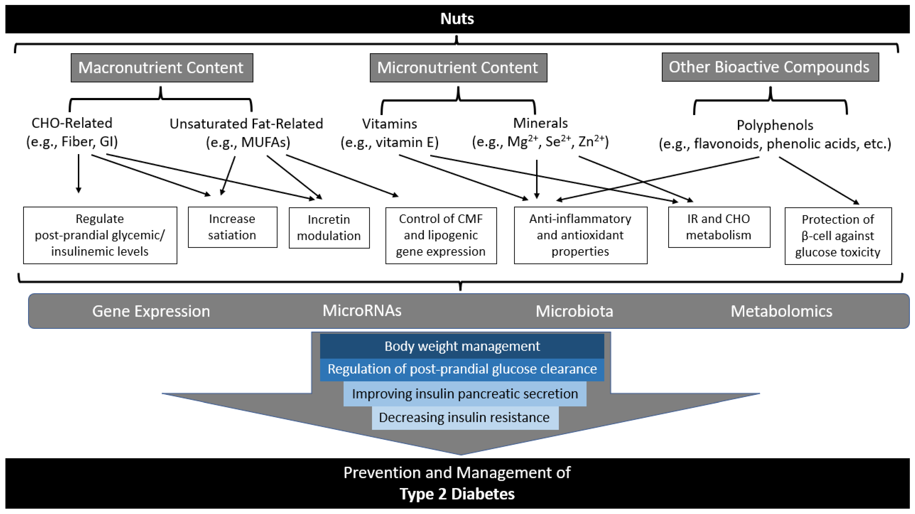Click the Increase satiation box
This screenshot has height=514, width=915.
(x=232, y=227)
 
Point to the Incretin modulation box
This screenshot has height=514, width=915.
(x=329, y=228)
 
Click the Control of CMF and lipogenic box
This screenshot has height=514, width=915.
(x=441, y=235)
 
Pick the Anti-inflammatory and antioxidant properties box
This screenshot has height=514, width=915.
(x=580, y=235)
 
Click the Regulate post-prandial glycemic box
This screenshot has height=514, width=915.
(x=100, y=235)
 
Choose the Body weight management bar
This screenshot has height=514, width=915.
(x=462, y=346)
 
